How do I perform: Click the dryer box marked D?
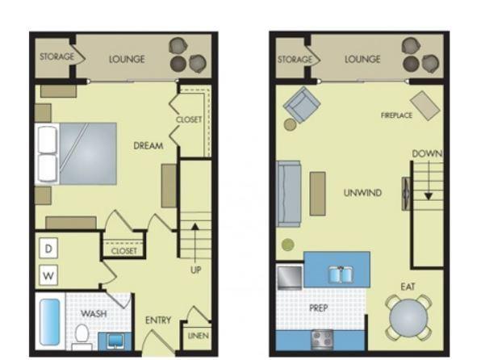[48, 249]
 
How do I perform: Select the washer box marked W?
[48, 275]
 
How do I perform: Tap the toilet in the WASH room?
[82, 337]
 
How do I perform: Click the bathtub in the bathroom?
[49, 321]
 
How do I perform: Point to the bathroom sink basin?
[115, 341]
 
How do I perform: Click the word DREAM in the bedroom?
[149, 145]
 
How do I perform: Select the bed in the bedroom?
[76, 153]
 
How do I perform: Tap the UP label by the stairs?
[195, 270]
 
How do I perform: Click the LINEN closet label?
[199, 336]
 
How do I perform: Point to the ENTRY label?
[158, 320]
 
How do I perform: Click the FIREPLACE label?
[396, 115]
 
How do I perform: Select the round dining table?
[408, 318]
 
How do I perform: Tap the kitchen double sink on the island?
[341, 274]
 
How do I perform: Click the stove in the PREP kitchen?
[322, 340]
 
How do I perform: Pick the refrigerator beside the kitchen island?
[290, 277]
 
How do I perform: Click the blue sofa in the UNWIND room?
[288, 194]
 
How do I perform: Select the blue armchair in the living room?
[301, 105]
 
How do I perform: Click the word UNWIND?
[362, 193]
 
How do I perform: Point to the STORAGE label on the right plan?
[295, 59]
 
